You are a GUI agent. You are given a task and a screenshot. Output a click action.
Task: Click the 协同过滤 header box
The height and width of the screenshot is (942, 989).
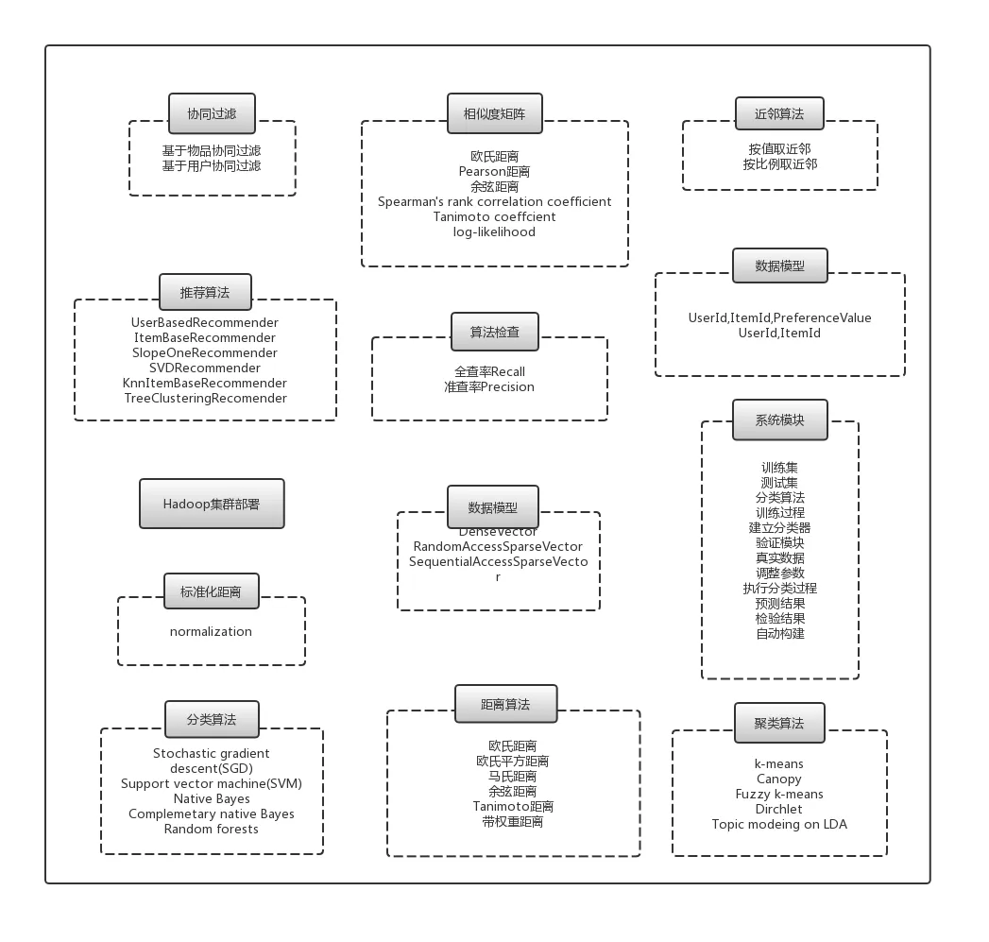point(212,113)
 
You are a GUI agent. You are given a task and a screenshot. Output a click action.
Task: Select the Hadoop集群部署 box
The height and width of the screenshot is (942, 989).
point(212,504)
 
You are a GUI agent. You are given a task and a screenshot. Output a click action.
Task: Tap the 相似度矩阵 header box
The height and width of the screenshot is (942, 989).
point(495,113)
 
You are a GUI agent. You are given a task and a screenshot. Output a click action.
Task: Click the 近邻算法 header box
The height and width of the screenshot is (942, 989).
point(779,113)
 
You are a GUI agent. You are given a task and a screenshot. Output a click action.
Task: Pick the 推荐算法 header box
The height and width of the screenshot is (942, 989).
point(205,293)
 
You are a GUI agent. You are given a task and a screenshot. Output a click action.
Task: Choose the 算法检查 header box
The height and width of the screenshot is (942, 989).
point(495,332)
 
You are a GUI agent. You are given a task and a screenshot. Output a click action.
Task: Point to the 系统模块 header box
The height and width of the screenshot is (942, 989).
point(779,420)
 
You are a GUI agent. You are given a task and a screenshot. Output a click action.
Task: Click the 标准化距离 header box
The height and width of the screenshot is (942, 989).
point(212,591)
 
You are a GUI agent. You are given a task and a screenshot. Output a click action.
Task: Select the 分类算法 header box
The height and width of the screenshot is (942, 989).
point(212,719)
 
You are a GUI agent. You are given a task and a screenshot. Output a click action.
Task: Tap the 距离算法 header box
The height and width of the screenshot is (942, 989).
point(506,704)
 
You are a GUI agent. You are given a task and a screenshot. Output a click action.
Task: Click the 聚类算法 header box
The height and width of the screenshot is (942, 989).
point(779,723)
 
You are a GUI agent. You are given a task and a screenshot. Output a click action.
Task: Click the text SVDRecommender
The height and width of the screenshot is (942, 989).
point(205,368)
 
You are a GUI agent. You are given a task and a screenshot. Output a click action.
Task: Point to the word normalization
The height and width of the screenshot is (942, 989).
point(211,631)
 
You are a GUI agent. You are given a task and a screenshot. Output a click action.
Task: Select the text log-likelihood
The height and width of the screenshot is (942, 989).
point(495,232)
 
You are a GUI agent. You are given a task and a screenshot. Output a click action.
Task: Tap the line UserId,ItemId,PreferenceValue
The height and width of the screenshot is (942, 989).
point(779,318)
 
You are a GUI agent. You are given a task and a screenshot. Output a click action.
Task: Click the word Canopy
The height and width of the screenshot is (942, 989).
point(779,779)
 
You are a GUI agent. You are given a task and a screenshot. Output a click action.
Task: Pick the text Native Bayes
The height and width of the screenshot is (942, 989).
point(212,798)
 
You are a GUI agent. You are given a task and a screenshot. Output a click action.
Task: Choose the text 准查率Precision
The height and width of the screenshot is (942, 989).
point(489,386)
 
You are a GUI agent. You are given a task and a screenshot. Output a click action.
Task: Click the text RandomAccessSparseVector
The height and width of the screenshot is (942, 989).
point(499,546)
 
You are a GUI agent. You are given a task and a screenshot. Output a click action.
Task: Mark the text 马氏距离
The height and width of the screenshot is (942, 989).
point(512,776)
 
